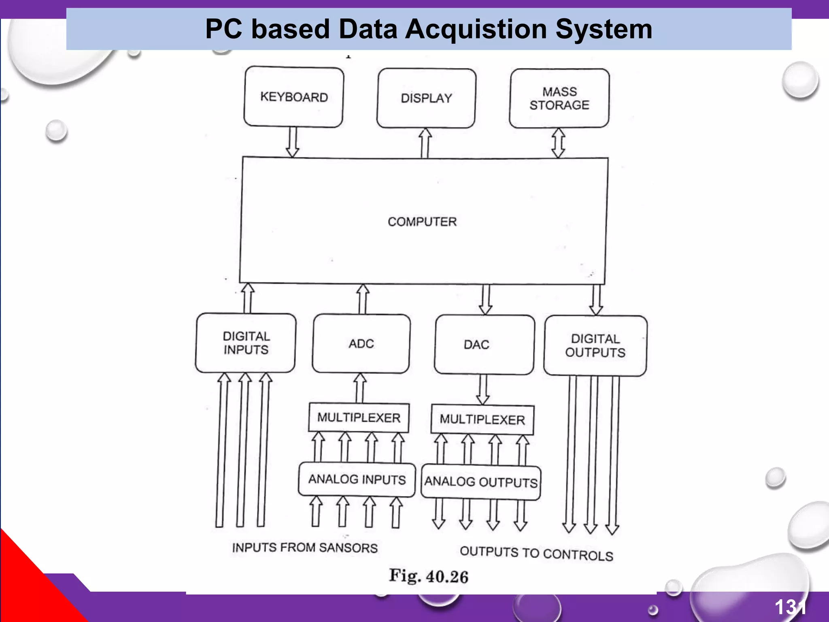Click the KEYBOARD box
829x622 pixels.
(x=294, y=97)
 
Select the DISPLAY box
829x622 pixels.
(x=426, y=98)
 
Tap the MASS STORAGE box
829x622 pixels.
(x=559, y=98)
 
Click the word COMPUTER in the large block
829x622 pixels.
(x=422, y=222)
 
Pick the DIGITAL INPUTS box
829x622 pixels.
(x=246, y=343)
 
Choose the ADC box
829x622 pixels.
(x=361, y=344)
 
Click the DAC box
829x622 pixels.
(x=484, y=345)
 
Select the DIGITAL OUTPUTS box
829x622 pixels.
(x=595, y=346)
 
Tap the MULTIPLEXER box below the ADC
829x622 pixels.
(x=359, y=418)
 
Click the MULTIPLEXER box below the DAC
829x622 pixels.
(x=483, y=420)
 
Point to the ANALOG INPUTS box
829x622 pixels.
(x=357, y=479)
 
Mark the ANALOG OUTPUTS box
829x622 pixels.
(x=481, y=482)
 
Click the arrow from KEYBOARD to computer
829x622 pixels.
(x=293, y=142)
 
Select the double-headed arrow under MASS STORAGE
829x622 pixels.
(x=559, y=143)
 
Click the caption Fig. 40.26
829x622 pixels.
(x=429, y=576)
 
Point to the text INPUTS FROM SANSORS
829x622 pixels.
(x=305, y=547)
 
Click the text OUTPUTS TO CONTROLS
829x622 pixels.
(x=536, y=553)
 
